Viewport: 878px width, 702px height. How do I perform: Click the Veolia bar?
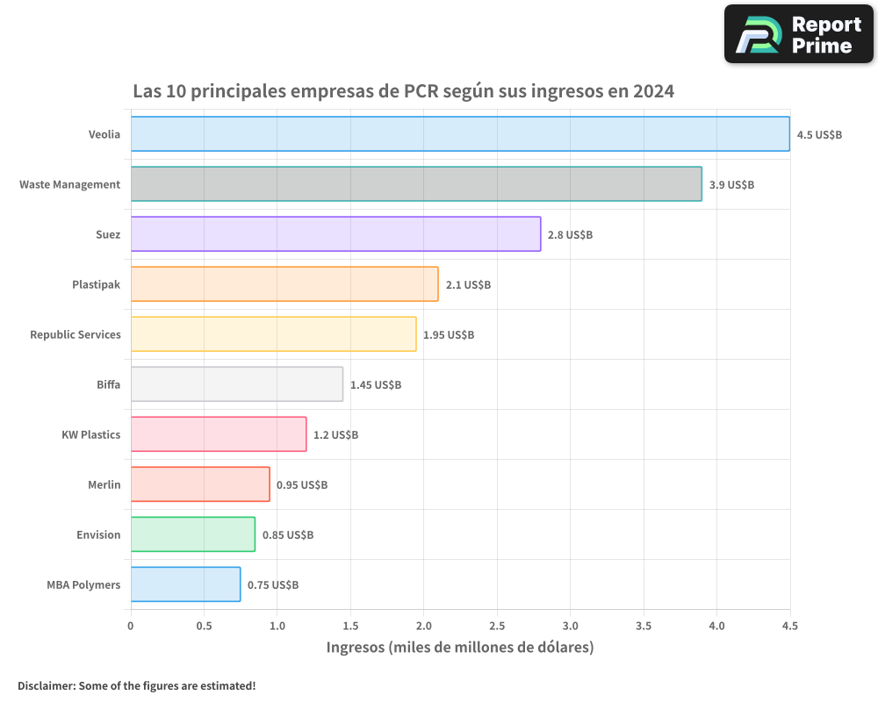pyautogui.click(x=460, y=134)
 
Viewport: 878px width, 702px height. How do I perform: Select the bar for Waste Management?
pyautogui.click(x=416, y=184)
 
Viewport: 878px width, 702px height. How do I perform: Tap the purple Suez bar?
pyautogui.click(x=335, y=234)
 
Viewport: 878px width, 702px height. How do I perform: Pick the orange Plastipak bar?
pyautogui.click(x=284, y=284)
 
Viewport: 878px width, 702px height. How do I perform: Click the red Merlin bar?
pyautogui.click(x=200, y=484)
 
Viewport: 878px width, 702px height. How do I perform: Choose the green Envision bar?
pyautogui.click(x=193, y=534)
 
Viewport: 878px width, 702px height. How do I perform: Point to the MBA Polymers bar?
pyautogui.click(x=185, y=584)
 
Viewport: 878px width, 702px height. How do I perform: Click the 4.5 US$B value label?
pyautogui.click(x=819, y=135)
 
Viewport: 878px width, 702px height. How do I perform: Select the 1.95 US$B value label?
pyautogui.click(x=449, y=335)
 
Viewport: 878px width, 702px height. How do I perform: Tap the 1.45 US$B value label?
pyautogui.click(x=376, y=385)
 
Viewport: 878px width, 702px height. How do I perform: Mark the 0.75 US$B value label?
pyautogui.click(x=273, y=585)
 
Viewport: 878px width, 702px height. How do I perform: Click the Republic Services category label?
pyautogui.click(x=76, y=335)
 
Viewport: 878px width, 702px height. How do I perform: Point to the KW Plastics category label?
pyautogui.click(x=91, y=435)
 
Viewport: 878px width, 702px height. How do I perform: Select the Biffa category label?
pyautogui.click(x=109, y=385)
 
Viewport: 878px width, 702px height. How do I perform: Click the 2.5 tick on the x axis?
pyautogui.click(x=497, y=627)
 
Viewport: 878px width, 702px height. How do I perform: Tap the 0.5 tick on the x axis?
pyautogui.click(x=204, y=627)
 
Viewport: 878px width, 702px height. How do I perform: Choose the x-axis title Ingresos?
pyautogui.click(x=460, y=648)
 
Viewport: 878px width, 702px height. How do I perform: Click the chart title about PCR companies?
pyautogui.click(x=403, y=91)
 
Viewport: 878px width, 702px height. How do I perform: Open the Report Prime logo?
pyautogui.click(x=799, y=34)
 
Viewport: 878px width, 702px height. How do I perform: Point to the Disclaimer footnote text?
pyautogui.click(x=137, y=685)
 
